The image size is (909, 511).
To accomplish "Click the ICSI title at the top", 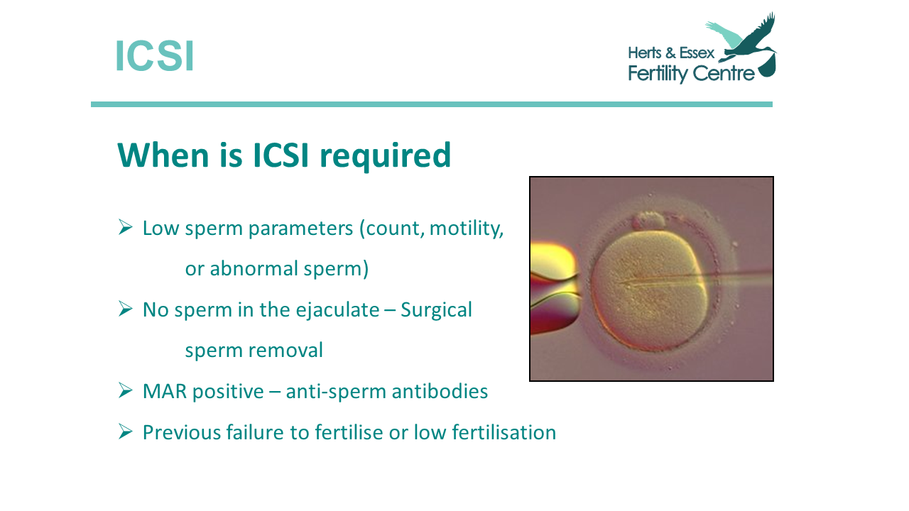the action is click(x=154, y=55).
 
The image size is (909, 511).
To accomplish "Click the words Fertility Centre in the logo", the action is click(x=691, y=74).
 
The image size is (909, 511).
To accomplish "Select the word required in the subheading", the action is click(x=385, y=155).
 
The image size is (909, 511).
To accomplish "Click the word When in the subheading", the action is click(x=163, y=155).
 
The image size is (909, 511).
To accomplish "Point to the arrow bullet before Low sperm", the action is click(x=126, y=227).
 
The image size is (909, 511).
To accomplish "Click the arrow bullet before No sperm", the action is click(x=126, y=309).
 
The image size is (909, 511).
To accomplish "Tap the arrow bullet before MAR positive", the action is click(x=126, y=390).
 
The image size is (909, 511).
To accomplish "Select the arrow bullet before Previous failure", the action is click(x=126, y=432).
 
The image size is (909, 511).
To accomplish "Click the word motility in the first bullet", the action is click(x=467, y=229).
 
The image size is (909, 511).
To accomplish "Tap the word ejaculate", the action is click(x=337, y=311).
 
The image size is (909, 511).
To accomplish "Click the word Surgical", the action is click(x=436, y=311).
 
